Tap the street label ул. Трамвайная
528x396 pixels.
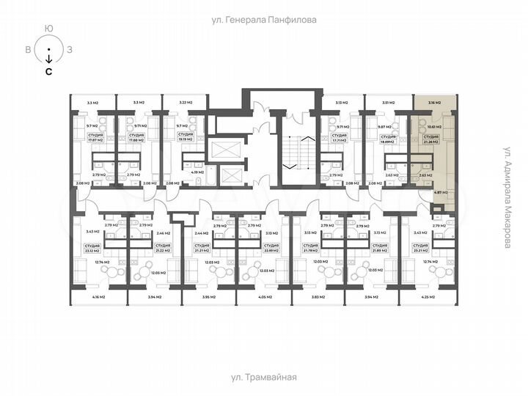(263, 377)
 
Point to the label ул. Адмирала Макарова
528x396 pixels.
(506, 197)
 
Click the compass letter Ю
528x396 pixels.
(48, 28)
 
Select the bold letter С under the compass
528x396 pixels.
(48, 72)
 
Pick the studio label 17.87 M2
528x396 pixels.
(95, 137)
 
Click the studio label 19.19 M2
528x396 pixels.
(186, 137)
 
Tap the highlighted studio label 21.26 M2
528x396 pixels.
(430, 138)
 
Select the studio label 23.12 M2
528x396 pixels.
(92, 249)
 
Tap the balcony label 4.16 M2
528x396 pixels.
(98, 297)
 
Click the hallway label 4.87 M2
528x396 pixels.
(440, 192)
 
